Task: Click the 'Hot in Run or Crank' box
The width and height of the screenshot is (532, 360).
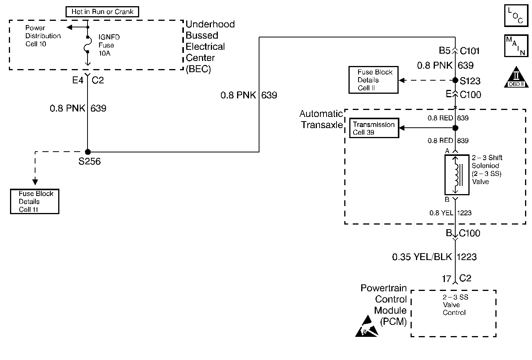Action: (x=102, y=12)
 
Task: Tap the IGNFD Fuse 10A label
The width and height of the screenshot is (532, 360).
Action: (x=109, y=45)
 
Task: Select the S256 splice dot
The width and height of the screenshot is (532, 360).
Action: (x=88, y=152)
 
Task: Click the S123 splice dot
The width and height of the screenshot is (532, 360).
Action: (x=455, y=80)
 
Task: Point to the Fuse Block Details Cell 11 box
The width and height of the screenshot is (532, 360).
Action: (x=35, y=201)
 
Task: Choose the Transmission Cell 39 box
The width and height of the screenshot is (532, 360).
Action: (x=374, y=128)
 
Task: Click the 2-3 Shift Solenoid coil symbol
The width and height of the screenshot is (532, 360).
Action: (x=457, y=175)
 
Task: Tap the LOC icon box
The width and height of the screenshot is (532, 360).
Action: (x=516, y=15)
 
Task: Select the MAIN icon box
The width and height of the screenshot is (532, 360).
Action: (x=516, y=46)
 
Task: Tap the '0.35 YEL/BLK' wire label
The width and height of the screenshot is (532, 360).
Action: (x=422, y=257)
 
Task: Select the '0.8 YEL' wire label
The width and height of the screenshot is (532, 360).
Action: (x=441, y=213)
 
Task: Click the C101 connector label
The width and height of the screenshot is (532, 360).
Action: (x=470, y=51)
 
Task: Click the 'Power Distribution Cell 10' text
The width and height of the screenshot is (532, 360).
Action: (x=42, y=36)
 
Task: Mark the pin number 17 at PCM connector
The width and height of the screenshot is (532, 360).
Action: (x=446, y=279)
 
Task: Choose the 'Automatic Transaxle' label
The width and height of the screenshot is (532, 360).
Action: (x=321, y=119)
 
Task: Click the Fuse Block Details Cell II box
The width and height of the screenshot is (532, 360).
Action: (x=373, y=80)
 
